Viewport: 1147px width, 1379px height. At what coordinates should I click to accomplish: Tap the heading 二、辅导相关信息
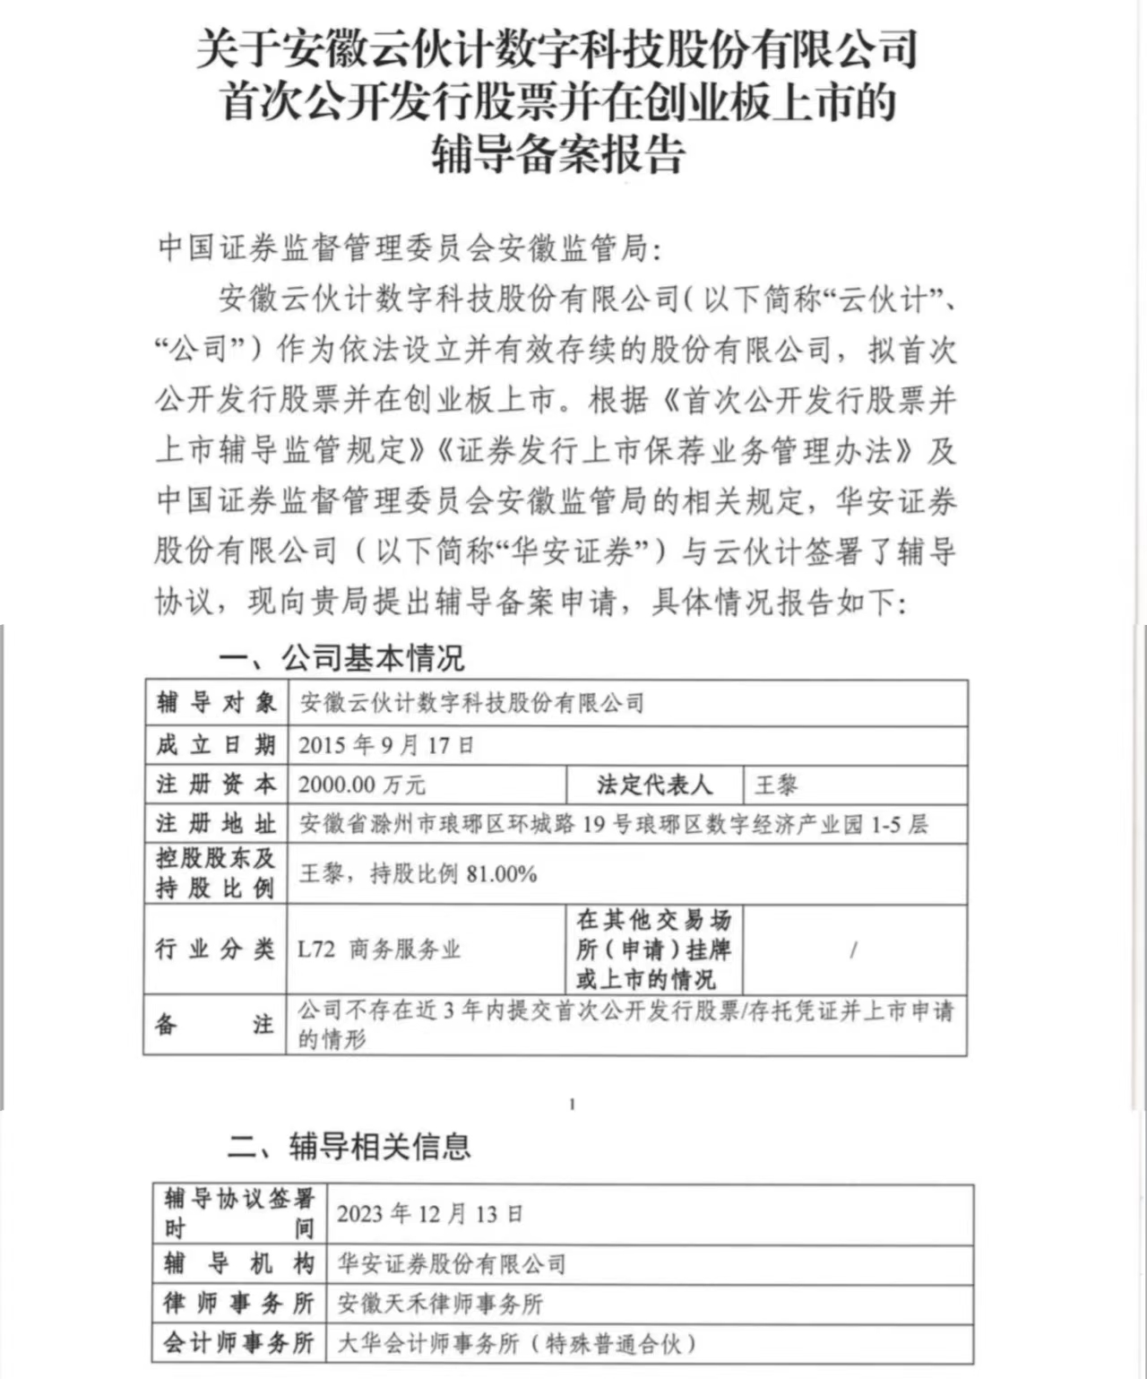click(349, 1145)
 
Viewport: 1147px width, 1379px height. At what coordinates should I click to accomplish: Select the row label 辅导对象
click(216, 702)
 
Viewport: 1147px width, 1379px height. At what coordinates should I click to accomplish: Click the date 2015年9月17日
click(386, 744)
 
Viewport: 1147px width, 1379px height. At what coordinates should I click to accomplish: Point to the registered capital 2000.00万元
click(362, 785)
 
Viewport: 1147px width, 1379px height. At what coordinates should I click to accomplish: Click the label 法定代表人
click(654, 785)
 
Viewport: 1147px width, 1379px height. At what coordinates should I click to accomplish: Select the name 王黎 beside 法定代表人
click(776, 785)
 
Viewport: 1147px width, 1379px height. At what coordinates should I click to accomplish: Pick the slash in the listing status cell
click(853, 950)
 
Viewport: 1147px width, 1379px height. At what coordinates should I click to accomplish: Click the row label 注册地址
click(216, 823)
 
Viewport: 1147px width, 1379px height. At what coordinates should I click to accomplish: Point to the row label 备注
click(215, 1024)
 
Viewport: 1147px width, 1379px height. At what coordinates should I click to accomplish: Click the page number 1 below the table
click(572, 1104)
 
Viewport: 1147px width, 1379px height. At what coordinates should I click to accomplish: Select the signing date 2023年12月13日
click(430, 1214)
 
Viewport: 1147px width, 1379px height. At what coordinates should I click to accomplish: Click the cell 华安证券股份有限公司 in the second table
click(452, 1264)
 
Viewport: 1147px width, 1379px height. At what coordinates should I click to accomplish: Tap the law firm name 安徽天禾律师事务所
click(440, 1304)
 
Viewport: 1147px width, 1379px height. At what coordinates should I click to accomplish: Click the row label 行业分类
click(215, 949)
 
